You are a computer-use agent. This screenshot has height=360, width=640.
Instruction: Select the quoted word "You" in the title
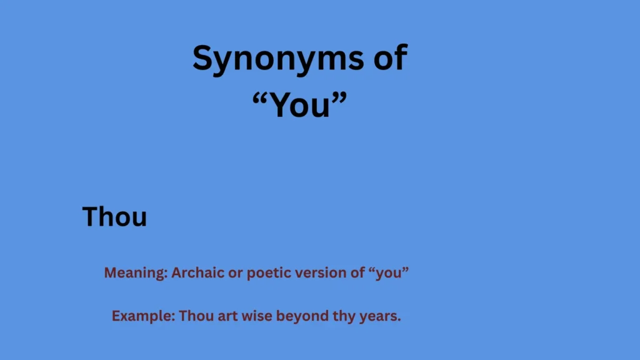pyautogui.click(x=300, y=105)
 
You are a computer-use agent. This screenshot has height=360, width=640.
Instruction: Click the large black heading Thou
pyautogui.click(x=115, y=217)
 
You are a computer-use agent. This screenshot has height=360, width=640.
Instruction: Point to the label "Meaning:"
pyautogui.click(x=136, y=273)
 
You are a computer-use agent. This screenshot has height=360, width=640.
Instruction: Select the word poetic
pyautogui.click(x=267, y=273)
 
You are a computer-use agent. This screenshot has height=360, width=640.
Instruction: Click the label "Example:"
pyautogui.click(x=144, y=316)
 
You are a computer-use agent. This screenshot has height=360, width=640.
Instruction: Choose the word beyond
pyautogui.click(x=298, y=316)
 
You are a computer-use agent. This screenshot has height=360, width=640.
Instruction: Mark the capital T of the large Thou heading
pyautogui.click(x=90, y=217)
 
